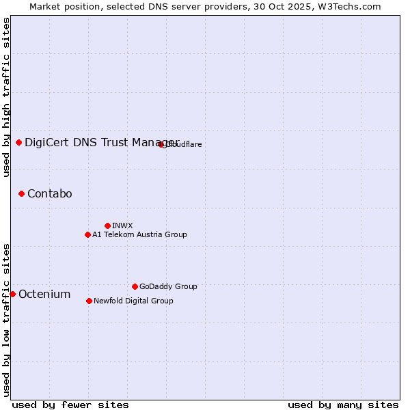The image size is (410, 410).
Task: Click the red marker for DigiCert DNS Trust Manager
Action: click(18, 142)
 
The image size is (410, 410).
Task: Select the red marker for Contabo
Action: click(21, 193)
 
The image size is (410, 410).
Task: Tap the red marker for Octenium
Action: click(12, 294)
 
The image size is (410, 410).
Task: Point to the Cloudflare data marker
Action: click(161, 144)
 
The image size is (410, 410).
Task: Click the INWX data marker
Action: click(107, 225)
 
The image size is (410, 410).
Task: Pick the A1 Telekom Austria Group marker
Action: click(87, 234)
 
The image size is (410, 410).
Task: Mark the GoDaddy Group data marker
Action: click(135, 286)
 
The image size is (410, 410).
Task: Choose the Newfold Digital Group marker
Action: click(89, 301)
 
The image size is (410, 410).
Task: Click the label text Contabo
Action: click(49, 193)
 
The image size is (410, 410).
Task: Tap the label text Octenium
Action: click(44, 294)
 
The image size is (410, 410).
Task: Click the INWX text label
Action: click(122, 225)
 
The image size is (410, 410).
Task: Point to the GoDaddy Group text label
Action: click(168, 286)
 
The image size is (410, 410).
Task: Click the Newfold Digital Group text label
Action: click(133, 301)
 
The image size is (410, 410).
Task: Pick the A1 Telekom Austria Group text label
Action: click(139, 234)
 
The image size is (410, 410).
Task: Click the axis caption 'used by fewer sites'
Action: click(70, 405)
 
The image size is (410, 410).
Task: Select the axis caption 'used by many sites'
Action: click(343, 405)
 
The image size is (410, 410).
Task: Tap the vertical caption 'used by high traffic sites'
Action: click(6, 97)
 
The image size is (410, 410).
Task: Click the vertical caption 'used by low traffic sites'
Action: click(6, 320)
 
